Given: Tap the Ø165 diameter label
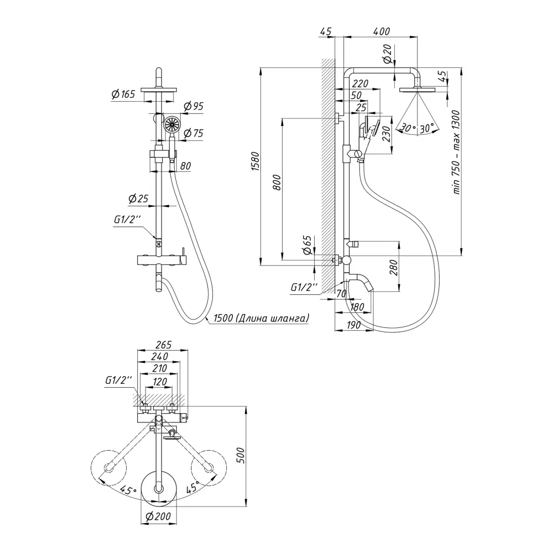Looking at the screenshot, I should point(123,95).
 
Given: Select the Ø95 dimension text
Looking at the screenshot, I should point(193,106).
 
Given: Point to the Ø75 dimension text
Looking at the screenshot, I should point(193,133).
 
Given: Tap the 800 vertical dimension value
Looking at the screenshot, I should point(278,182).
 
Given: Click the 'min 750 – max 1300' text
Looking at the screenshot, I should point(456,152).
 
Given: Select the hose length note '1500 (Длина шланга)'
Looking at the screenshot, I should point(257,318).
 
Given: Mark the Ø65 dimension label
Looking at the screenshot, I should point(308,245).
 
